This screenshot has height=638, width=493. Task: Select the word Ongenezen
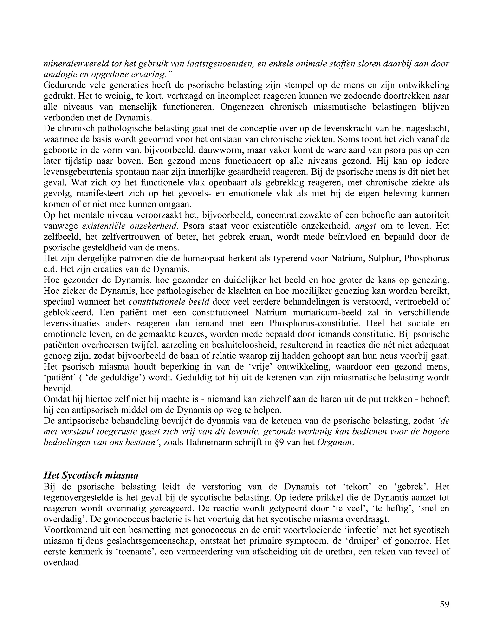pyautogui.click(x=242, y=107)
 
